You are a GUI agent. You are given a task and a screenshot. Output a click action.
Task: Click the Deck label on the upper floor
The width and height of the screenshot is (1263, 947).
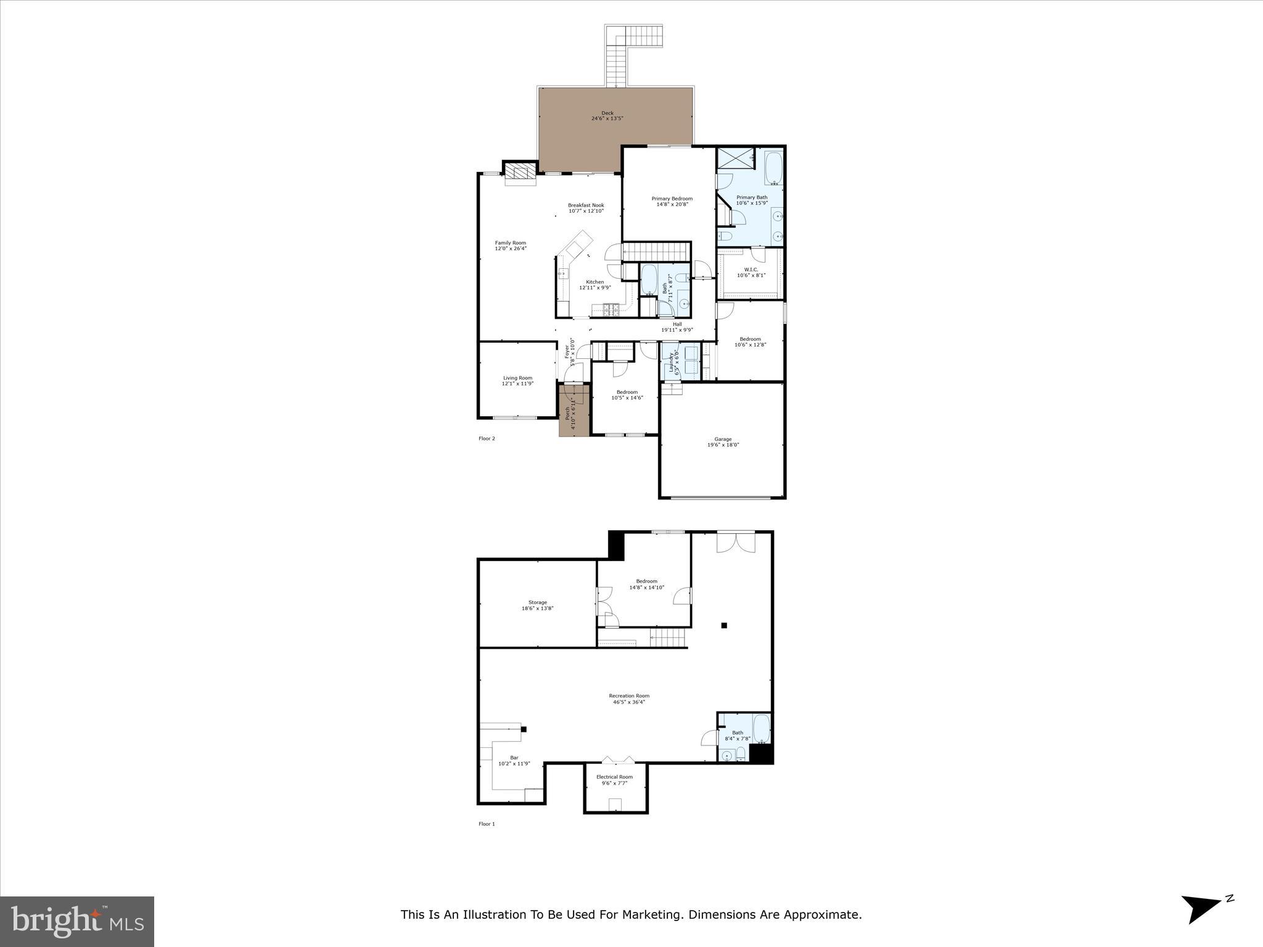tap(607, 115)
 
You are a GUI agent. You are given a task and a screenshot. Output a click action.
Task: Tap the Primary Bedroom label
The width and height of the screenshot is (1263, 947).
tap(672, 201)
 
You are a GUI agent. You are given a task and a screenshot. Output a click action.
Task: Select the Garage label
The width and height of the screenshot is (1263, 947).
tap(723, 441)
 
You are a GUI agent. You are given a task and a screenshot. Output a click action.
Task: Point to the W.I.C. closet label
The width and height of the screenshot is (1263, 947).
tap(751, 272)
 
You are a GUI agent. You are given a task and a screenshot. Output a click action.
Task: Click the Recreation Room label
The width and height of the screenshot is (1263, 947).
tap(629, 699)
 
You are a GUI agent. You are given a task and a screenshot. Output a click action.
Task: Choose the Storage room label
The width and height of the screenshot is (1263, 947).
tap(537, 605)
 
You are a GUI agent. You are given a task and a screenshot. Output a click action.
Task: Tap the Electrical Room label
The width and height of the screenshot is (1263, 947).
tap(614, 780)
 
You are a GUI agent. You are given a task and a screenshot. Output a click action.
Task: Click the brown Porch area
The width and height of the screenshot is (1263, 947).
tap(570, 412)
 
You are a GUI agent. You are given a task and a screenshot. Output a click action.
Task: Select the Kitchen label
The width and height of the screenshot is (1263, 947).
tap(594, 284)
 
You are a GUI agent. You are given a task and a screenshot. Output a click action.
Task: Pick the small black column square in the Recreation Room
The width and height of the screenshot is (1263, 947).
tap(724, 625)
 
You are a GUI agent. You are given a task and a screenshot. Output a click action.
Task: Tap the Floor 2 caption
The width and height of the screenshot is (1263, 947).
tap(487, 438)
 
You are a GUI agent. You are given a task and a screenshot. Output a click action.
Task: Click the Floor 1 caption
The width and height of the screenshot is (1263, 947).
tap(487, 824)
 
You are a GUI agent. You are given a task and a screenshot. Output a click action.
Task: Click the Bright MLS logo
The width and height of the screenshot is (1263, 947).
tap(77, 922)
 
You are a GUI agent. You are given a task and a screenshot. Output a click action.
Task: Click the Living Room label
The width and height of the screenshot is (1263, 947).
tap(517, 380)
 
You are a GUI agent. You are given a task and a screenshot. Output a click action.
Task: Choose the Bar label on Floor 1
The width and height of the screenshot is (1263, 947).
tap(514, 760)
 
